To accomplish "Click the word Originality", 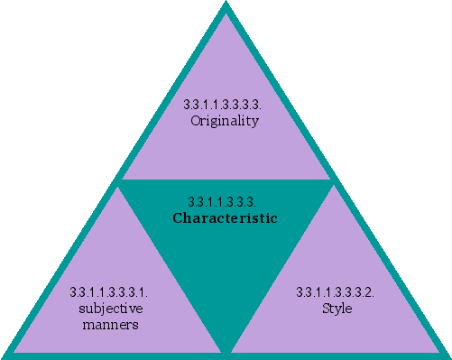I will (x=226, y=121).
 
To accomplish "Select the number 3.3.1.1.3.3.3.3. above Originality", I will (x=226, y=106).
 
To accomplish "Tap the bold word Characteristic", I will (x=225, y=218).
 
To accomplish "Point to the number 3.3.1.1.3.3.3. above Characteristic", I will (x=226, y=201).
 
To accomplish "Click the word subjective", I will (x=108, y=309).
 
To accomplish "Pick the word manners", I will (x=108, y=325).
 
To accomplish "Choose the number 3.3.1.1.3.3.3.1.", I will (x=108, y=292).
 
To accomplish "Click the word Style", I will (x=336, y=309).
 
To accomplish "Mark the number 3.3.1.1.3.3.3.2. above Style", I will (x=336, y=292).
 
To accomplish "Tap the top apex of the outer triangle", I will (x=226, y=5).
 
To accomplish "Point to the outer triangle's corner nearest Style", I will (x=446, y=354).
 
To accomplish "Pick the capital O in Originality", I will (x=196, y=121).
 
